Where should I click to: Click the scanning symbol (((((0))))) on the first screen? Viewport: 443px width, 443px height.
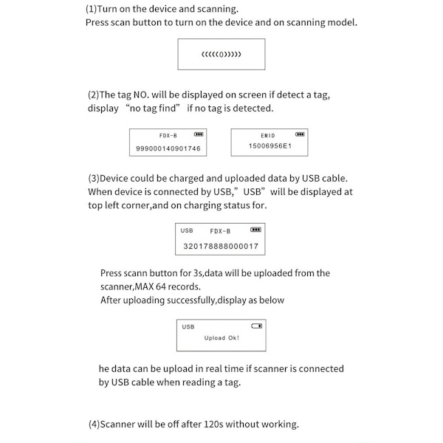221,55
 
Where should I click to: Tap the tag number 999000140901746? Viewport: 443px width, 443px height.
168,148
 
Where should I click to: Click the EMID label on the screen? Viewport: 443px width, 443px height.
267,136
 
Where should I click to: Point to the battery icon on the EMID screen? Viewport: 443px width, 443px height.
300,134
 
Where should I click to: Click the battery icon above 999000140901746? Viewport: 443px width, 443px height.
198,135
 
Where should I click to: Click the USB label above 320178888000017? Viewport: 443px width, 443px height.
187,231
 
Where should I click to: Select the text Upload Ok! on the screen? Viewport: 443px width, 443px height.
221,338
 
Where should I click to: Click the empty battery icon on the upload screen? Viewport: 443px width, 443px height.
256,326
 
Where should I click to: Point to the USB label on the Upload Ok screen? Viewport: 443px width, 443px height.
188,326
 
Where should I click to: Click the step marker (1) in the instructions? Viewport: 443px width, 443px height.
92,10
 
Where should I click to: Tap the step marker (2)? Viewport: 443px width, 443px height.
93,95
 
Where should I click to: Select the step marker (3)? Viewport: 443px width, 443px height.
94,178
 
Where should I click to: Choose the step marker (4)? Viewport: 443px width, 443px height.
94,424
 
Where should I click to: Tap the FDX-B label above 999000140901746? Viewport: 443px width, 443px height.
168,136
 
